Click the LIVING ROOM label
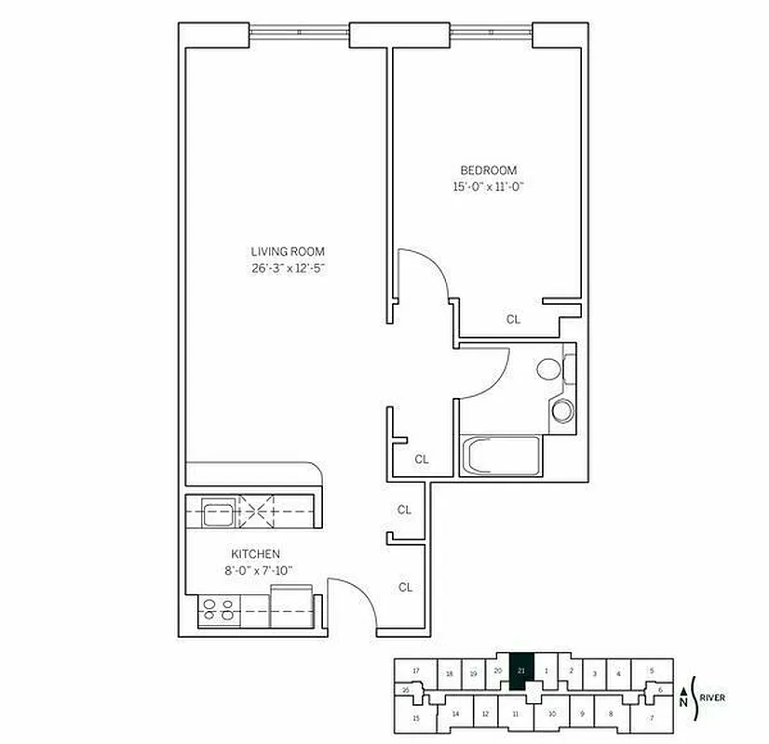click(x=288, y=251)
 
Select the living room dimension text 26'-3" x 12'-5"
click(x=288, y=268)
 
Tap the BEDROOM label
click(x=489, y=170)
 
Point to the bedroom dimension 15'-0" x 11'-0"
click(x=489, y=187)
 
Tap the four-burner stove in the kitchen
click(x=218, y=610)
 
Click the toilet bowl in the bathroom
click(x=548, y=369)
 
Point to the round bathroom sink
click(x=561, y=410)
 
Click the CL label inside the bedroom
click(x=513, y=319)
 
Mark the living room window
click(x=299, y=33)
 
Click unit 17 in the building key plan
click(x=416, y=671)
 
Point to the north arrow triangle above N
click(x=685, y=689)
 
